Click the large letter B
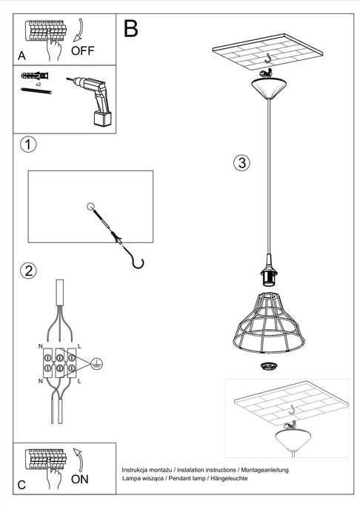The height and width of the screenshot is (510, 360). pos(131,29)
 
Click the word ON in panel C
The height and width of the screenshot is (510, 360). pos(81,479)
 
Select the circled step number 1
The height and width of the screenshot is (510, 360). pos(27,144)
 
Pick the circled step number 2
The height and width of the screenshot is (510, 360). pos(28,270)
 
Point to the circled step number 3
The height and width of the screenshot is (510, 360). pos(241,164)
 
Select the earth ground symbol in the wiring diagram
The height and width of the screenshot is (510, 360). pos(98,363)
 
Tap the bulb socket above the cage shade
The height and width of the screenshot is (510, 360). pos(267,275)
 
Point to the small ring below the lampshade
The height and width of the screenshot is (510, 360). pos(267,366)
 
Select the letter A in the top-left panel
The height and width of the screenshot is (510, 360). pos(21,56)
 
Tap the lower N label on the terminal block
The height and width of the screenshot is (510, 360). pos(40,380)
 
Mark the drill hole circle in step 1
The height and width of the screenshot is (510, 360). pos(90,207)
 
